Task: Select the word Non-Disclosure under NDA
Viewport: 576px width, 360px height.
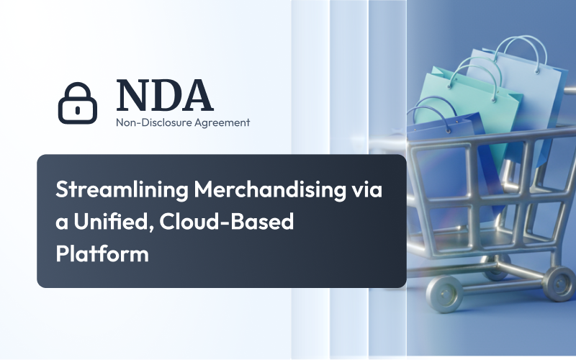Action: click(147, 123)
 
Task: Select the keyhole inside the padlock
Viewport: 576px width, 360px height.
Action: click(77, 108)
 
